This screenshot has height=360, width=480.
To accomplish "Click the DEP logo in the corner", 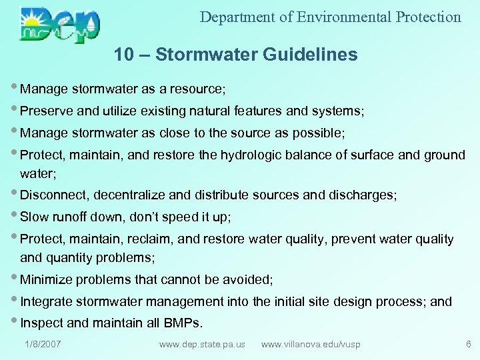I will click(60, 24).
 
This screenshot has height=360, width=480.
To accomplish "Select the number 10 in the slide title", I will click(123, 55).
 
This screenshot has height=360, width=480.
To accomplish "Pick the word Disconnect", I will click(55, 195).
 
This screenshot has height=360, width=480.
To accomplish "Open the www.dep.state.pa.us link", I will click(202, 344).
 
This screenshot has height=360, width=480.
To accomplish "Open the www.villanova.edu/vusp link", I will click(311, 344).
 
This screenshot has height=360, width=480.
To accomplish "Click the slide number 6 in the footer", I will click(469, 344).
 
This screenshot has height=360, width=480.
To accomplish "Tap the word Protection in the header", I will click(427, 17).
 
